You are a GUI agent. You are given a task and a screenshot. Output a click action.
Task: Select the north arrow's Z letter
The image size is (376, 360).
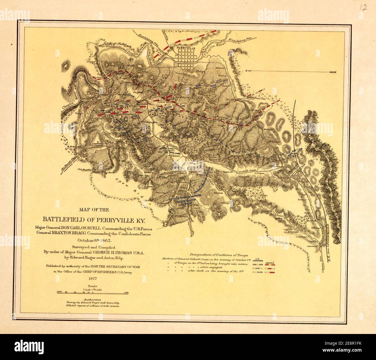click(x=245, y=71)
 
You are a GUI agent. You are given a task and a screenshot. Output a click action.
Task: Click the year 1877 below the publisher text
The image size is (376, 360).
click(x=91, y=279)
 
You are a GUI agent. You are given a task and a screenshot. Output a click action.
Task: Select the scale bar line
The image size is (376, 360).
click(x=93, y=293)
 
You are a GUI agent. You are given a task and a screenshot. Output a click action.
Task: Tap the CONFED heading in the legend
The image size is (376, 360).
click(x=270, y=259)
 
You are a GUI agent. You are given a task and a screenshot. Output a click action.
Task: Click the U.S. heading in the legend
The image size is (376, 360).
click(x=258, y=259)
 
